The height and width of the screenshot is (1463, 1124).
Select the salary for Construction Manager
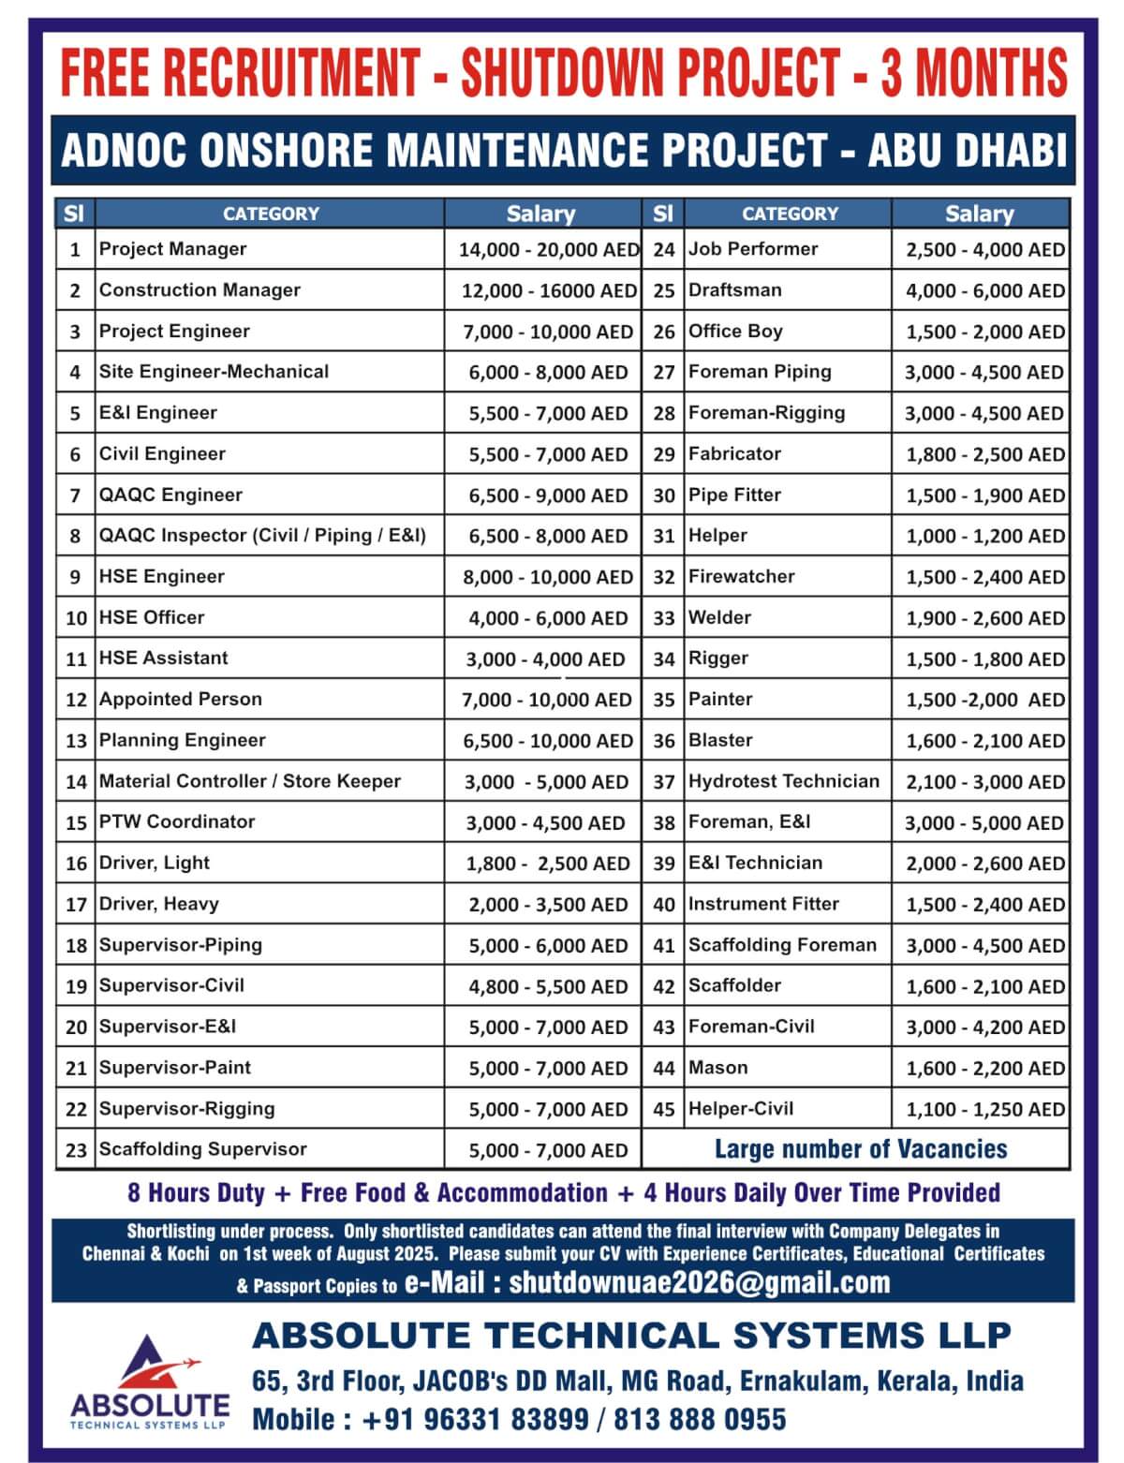[x=549, y=290]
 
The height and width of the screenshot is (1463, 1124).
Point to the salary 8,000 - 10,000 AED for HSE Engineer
[x=548, y=577]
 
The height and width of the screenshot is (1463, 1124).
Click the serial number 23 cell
[x=76, y=1150]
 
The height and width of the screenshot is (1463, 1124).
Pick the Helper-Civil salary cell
[x=984, y=1110]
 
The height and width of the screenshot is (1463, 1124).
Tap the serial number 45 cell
[x=664, y=1110]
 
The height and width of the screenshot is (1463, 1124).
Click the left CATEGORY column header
[x=271, y=214]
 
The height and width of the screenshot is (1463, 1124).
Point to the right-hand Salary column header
[x=979, y=214]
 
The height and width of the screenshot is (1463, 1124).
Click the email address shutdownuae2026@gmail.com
[x=699, y=1282]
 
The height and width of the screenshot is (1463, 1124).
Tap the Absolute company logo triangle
[x=150, y=1363]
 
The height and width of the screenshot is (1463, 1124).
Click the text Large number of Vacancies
[x=861, y=1149]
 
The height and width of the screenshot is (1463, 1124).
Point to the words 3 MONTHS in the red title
[x=973, y=72]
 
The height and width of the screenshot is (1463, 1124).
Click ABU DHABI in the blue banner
[x=968, y=151]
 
